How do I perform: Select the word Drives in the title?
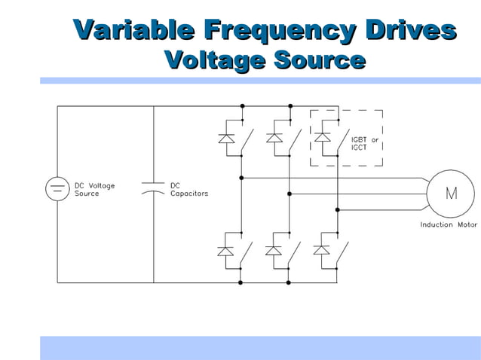pos(410,31)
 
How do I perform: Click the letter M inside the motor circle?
pos(451,194)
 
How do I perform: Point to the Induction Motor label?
pos(448,224)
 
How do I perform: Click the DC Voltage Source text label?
pos(94,189)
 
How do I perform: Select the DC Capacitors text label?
pos(189,189)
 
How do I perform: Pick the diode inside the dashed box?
pos(322,138)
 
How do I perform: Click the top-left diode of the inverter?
pos(225,138)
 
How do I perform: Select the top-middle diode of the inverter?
pos(274,138)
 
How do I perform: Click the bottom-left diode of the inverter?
pos(225,249)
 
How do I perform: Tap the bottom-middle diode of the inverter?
pos(274,249)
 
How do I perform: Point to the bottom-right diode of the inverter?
pos(322,249)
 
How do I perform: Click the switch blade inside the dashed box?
pos(343,139)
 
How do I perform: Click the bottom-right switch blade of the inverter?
pos(343,250)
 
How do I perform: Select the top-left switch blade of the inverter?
pos(247,139)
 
